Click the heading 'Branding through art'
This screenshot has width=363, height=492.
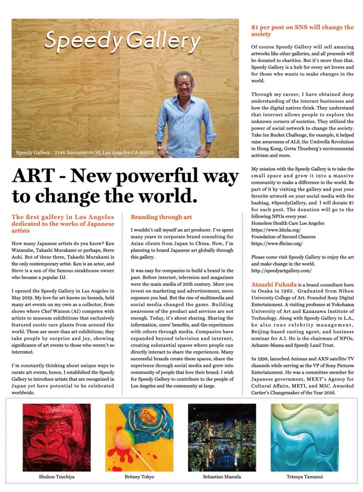[161, 217]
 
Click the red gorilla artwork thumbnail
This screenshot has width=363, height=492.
[57, 437]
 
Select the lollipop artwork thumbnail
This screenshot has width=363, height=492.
[139, 437]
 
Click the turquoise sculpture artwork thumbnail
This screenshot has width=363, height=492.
[304, 437]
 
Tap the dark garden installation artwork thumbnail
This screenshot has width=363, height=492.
[222, 437]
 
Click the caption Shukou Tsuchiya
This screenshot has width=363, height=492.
[57, 477]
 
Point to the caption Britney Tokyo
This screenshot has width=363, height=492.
[139, 477]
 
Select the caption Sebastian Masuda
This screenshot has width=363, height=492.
[222, 477]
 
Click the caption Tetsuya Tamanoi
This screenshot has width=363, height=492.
[304, 477]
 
